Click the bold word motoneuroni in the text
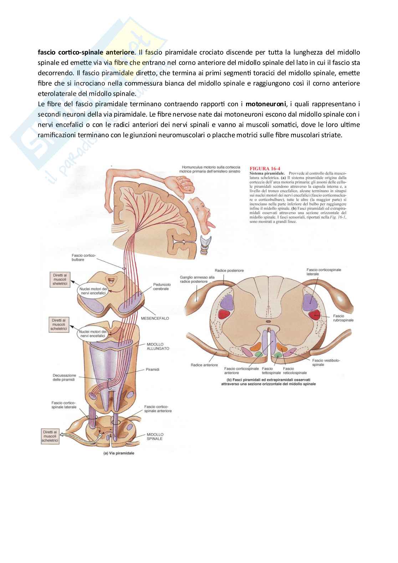point(265,104)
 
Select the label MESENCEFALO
point(155,318)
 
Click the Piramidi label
point(152,369)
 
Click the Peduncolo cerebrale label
point(162,287)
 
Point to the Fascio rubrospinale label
point(343,318)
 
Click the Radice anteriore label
point(204,365)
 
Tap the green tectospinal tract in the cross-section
point(278,355)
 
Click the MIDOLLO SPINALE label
point(155,436)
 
